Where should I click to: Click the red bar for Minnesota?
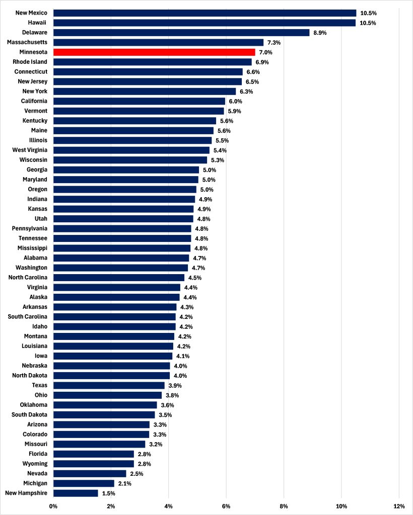[154, 52]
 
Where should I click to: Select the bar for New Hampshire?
[76, 493]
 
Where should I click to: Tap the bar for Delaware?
[181, 33]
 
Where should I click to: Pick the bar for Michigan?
[84, 483]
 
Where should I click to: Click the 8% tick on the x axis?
[284, 505]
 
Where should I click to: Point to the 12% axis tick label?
[399, 505]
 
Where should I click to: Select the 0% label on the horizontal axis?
[53, 505]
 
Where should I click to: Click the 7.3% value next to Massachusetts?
[274, 43]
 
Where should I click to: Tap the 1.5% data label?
[109, 493]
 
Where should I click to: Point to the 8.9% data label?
[320, 33]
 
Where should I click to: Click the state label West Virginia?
[30, 150]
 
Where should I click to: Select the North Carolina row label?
[28, 277]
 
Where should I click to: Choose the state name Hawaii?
[38, 23]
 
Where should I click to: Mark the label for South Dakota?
[30, 414]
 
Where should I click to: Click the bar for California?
[139, 101]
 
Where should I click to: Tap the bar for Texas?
[109, 385]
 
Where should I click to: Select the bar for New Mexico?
[204, 13]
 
